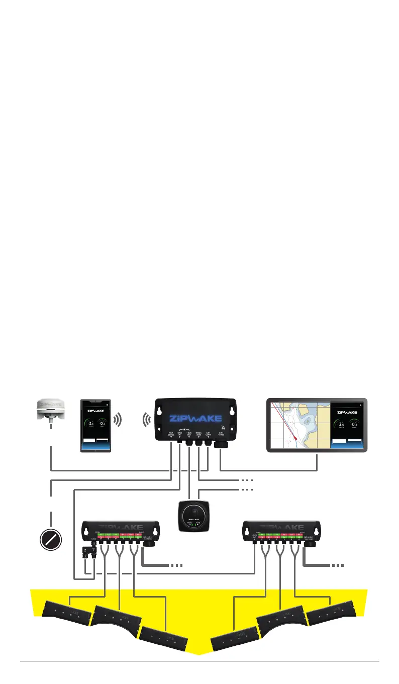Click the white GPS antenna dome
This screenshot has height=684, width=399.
pyautogui.click(x=51, y=409)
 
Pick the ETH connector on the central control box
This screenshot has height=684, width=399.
pyautogui.click(x=221, y=444)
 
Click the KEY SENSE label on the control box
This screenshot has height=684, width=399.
pyautogui.click(x=171, y=433)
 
